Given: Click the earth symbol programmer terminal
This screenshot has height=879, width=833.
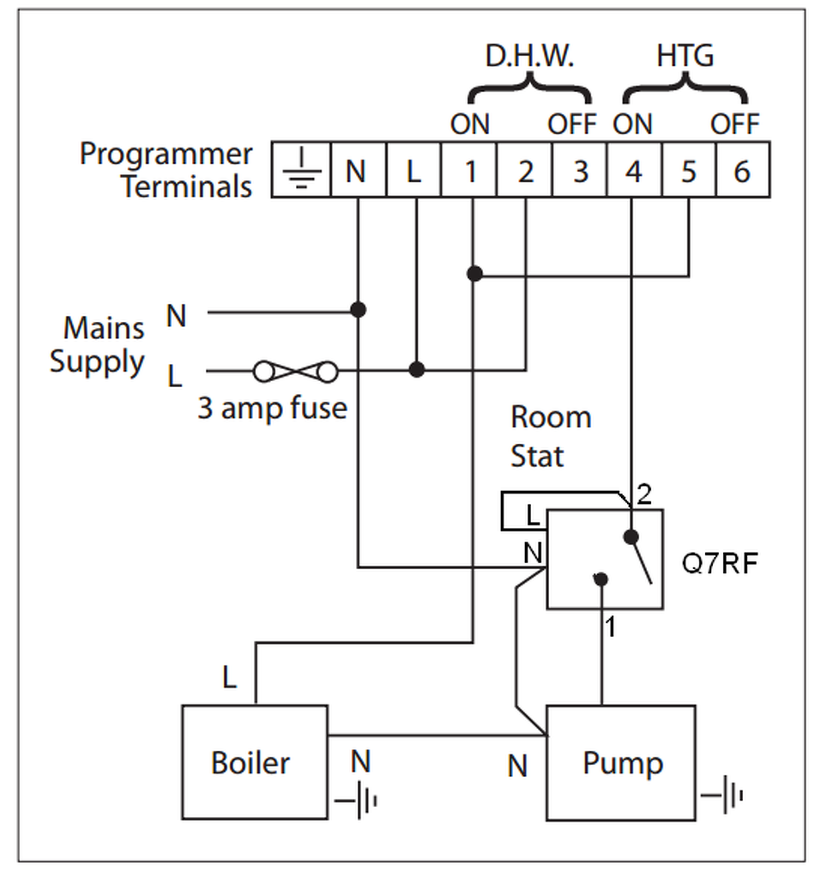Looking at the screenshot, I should coord(301,171).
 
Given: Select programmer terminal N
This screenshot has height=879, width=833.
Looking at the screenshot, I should coord(357,171).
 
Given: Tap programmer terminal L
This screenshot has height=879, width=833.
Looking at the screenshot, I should coord(413,171).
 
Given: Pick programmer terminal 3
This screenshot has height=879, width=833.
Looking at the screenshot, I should coord(580,171).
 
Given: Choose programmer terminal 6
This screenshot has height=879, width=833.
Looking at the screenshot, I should coord(742,171).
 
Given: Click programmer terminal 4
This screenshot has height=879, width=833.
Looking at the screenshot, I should coord(633,171).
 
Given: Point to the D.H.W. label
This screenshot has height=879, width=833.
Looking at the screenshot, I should coord(529,57).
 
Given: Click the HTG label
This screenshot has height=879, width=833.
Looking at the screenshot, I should coord(685,57).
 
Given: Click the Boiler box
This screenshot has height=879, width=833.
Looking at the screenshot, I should coord(254,761).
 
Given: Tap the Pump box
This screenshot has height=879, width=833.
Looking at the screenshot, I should coord(621,761).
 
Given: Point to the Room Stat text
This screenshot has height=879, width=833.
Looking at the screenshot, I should coord(551,436).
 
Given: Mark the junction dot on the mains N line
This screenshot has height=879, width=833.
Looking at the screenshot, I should coord(359,309).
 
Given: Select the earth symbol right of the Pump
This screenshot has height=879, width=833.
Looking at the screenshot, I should coord(723,795).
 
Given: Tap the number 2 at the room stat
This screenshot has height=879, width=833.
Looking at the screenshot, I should coord(645,494).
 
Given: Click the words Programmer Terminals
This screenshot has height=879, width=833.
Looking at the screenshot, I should coord(166,170).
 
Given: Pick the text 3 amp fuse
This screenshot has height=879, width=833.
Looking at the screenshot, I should coord(272,407).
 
